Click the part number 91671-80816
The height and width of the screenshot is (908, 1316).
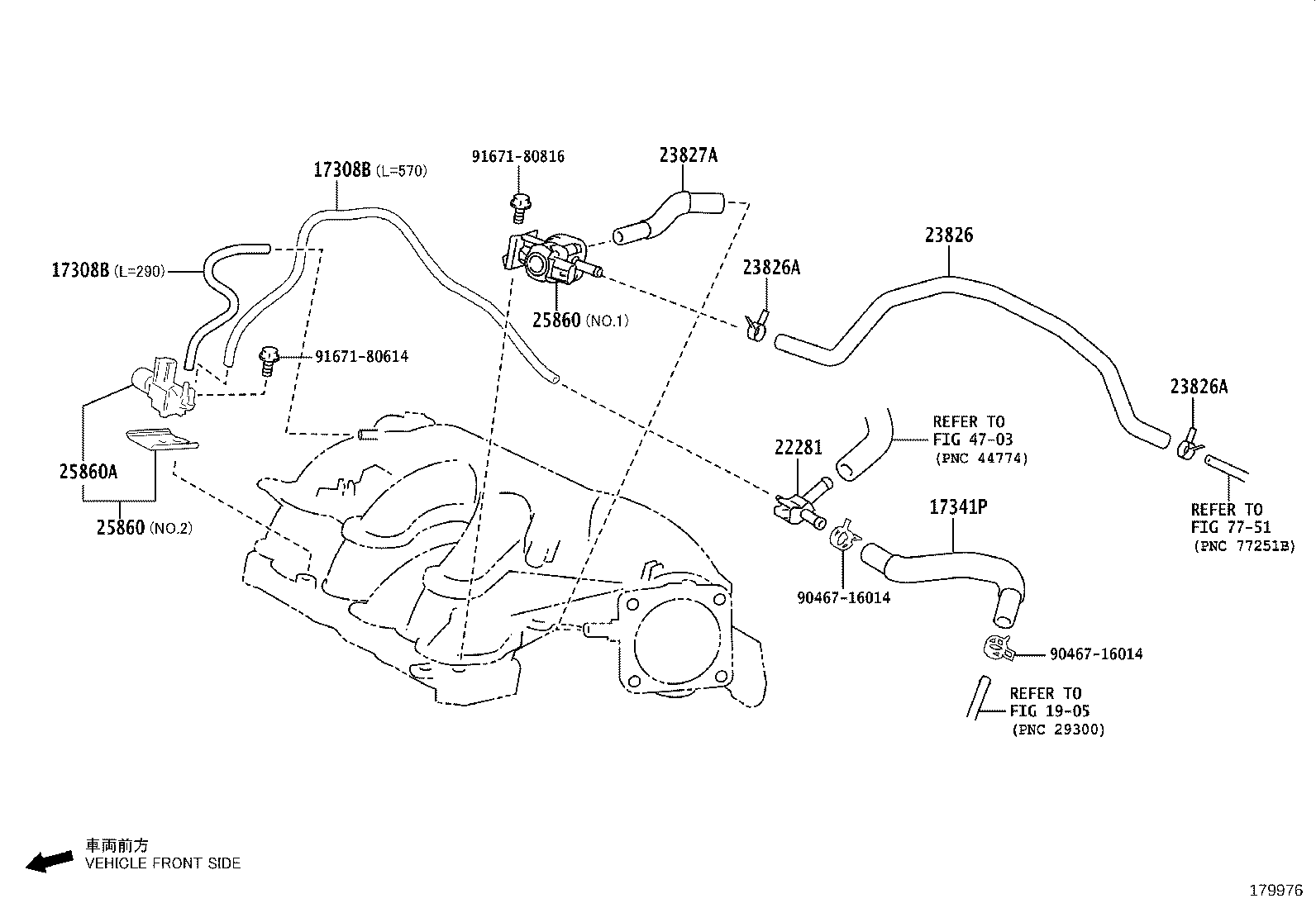pos(518,156)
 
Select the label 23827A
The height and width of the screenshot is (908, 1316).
pos(689,155)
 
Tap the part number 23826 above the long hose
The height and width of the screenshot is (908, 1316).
pos(949,235)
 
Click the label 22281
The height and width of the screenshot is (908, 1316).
pos(799,448)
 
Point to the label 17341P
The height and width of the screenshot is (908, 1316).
pos(958,506)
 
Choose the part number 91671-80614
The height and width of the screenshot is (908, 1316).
pos(361,357)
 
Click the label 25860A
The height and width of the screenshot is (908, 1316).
pos(88,471)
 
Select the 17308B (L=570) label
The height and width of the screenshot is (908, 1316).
pos(370,170)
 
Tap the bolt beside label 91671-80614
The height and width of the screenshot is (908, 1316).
pos(268,361)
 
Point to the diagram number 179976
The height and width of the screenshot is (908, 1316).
pos(1275,891)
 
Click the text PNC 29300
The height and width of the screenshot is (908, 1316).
pos(1057,730)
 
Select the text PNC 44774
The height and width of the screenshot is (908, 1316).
pos(981,458)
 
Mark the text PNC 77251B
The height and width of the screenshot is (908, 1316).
pos(1243,546)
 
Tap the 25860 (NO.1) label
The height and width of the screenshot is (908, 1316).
pos(579,321)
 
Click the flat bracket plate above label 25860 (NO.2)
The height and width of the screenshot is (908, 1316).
pos(161,440)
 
